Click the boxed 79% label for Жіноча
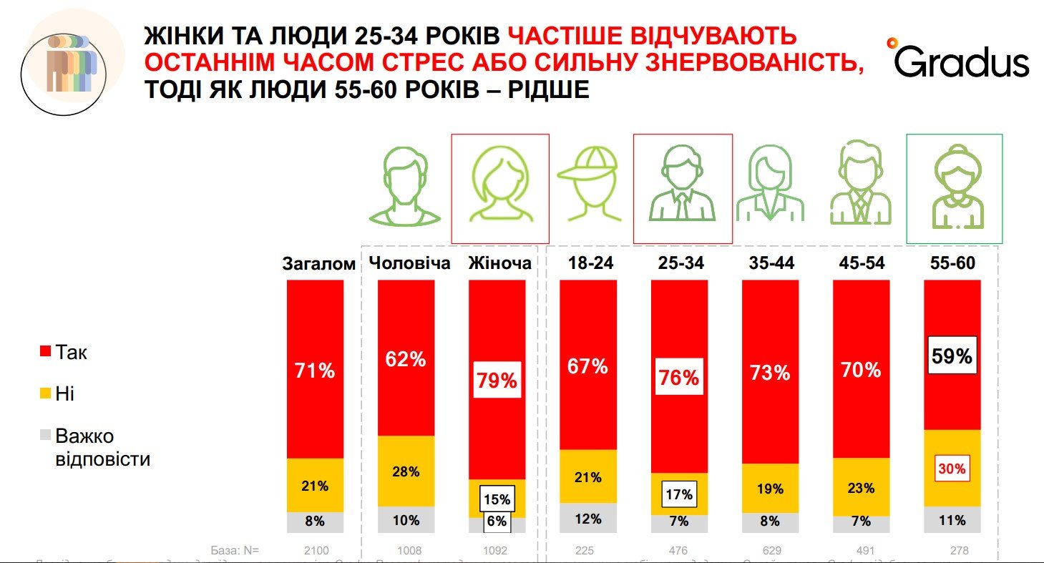point(497,380)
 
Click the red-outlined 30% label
point(952,469)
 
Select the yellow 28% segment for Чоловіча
point(406,471)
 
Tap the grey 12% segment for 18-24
point(587,519)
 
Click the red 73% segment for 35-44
point(770,372)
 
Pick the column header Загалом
point(319,264)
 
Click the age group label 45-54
point(862,263)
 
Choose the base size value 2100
point(316,550)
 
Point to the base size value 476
point(678,550)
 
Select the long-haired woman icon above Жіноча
point(499,187)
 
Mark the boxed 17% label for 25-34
point(678,494)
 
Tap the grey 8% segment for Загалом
point(315,522)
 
